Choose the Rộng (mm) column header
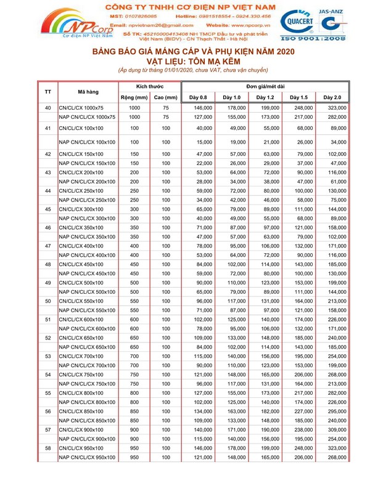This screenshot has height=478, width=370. point(133,97)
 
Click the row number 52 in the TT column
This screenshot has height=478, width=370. point(48,338)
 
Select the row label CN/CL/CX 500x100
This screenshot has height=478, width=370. point(80,282)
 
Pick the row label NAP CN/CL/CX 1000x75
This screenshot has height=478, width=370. point(86,116)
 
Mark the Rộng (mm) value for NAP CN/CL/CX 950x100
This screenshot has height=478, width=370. point(134,457)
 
